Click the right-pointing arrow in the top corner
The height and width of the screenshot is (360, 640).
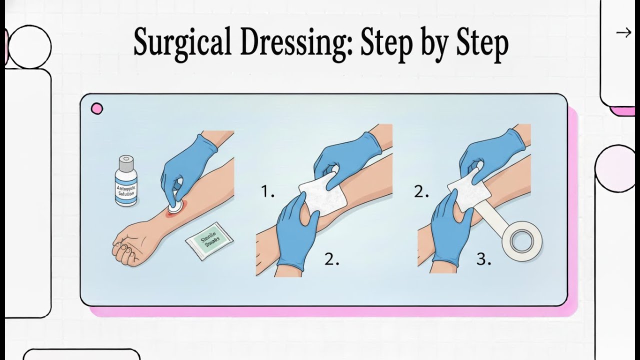pyautogui.click(x=623, y=33)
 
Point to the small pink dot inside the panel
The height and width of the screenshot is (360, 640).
pyautogui.click(x=97, y=108)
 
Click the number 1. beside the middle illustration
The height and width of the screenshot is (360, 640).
pyautogui.click(x=267, y=192)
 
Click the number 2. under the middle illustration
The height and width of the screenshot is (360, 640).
pyautogui.click(x=331, y=259)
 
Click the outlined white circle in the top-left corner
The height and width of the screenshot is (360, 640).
pyautogui.click(x=30, y=46)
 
